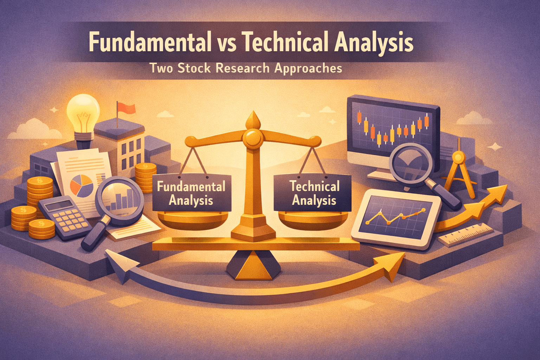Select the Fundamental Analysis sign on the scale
point(191,193)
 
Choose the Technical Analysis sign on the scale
point(314,193)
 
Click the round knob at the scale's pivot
point(252,137)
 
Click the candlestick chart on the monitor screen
point(393,128)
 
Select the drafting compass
point(458,169)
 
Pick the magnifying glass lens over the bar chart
point(120,199)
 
